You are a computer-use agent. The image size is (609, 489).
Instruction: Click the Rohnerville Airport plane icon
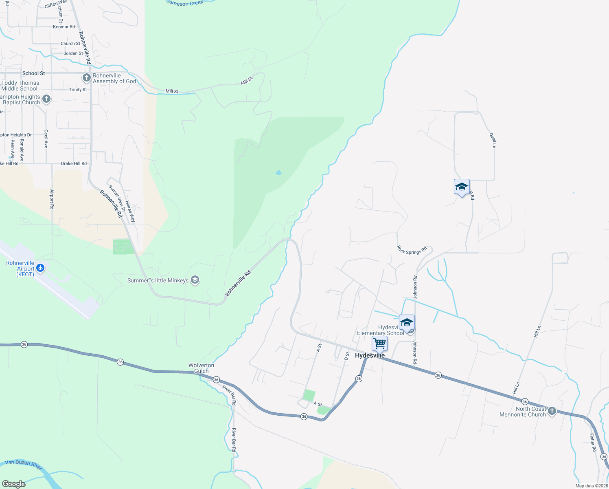tap(40, 268)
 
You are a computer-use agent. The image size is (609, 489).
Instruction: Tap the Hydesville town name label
tap(370, 355)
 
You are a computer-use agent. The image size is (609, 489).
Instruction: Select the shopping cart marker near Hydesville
tap(379, 343)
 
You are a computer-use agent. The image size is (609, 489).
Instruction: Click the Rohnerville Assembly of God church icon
tap(86, 77)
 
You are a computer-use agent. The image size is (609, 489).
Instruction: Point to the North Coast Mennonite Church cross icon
tap(552, 411)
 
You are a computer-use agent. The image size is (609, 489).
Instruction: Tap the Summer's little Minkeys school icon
tap(195, 280)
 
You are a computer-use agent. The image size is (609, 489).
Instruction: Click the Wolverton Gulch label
tap(201, 368)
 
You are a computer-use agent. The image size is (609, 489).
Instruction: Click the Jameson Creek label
tap(185, 3)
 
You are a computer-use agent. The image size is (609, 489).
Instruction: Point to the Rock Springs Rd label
tap(412, 250)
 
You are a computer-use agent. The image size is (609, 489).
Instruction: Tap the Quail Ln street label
tap(493, 140)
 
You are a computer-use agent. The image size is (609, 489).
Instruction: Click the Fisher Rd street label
tap(593, 442)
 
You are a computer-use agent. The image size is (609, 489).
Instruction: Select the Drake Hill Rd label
tap(74, 163)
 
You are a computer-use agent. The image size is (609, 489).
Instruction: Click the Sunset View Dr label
tap(117, 198)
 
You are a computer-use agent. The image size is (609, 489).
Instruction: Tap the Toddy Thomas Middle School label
tap(20, 86)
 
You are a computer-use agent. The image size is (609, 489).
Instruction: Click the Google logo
tap(14, 484)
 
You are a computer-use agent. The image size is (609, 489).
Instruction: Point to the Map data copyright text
tap(591, 486)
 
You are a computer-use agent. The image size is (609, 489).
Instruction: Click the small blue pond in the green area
tap(278, 173)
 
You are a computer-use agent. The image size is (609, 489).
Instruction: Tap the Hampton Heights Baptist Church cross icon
tap(46, 99)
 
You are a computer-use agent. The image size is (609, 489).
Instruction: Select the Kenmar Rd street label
tap(64, 27)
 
